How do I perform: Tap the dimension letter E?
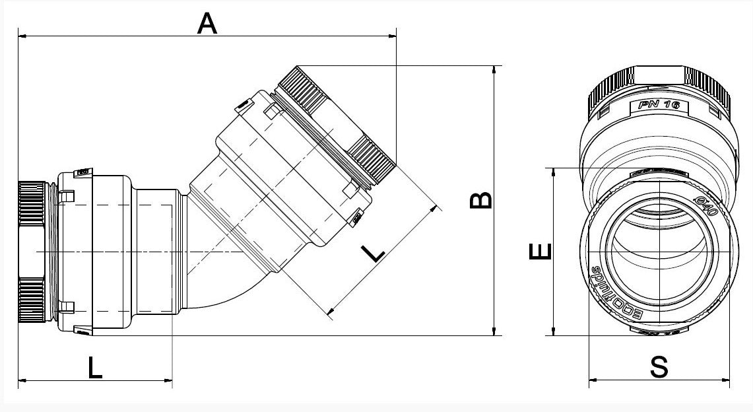[x=540, y=251]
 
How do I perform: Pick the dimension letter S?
[x=659, y=367]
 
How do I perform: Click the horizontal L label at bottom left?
[x=96, y=367]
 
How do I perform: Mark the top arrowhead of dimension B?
[x=495, y=69]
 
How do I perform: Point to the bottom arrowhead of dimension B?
[x=495, y=331]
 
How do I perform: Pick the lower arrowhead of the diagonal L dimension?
[x=332, y=310]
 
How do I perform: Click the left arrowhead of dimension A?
[x=22, y=35]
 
